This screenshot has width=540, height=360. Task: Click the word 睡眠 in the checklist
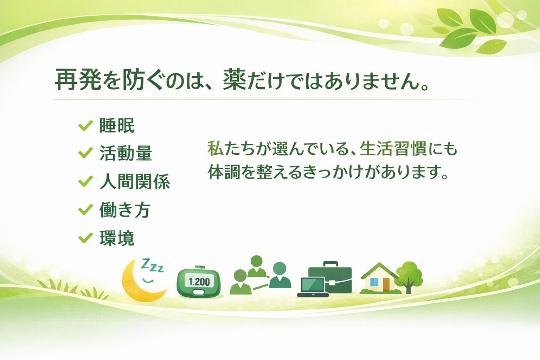(x=117, y=126)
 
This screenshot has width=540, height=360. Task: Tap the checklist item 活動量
(x=126, y=154)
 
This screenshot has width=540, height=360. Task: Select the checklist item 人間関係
(x=135, y=182)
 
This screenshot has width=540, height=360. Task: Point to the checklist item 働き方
(x=125, y=210)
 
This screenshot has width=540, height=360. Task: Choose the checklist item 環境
(x=117, y=238)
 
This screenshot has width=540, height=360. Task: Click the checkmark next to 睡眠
(x=85, y=125)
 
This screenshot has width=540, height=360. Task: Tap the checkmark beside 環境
(x=85, y=238)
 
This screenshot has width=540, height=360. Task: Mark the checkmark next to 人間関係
(x=85, y=181)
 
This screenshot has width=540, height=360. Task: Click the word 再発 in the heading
(x=77, y=81)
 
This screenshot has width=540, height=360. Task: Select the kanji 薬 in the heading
(x=234, y=81)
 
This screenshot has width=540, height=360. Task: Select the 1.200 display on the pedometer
(x=199, y=282)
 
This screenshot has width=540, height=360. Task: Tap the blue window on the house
(x=374, y=282)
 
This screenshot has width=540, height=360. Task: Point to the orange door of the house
(x=386, y=284)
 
